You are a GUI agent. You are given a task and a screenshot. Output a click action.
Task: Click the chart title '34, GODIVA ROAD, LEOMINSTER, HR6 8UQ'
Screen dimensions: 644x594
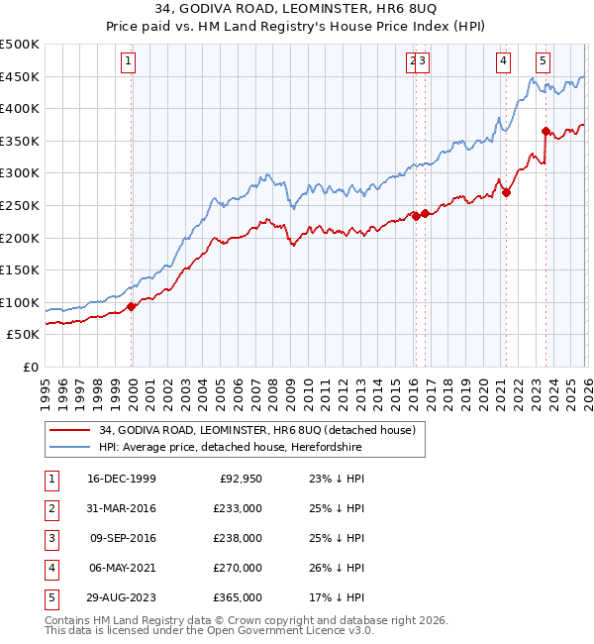tap(297, 11)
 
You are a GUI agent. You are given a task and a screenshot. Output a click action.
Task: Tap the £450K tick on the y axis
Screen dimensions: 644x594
tap(20, 77)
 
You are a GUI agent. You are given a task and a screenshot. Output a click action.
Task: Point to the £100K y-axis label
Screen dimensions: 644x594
tap(20, 302)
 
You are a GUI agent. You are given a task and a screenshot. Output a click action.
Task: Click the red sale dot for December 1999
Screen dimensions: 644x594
tap(132, 306)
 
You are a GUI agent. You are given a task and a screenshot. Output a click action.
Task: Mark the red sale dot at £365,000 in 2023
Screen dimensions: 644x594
tap(545, 131)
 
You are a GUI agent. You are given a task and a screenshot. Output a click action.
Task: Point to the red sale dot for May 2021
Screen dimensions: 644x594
tap(506, 192)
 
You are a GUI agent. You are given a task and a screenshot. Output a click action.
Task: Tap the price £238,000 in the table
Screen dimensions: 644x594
tap(238, 538)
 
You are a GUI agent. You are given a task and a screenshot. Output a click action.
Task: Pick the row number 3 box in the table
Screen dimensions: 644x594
tap(50, 538)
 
